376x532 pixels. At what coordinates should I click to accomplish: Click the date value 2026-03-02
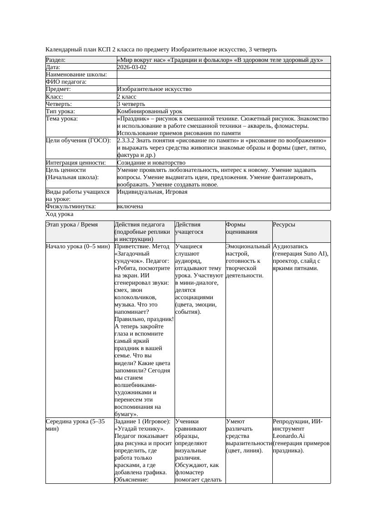[132, 67]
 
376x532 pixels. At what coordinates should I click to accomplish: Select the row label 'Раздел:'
[56, 60]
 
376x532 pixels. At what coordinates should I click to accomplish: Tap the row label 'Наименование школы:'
[76, 75]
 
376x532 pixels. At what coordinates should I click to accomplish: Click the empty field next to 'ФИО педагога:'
[223, 82]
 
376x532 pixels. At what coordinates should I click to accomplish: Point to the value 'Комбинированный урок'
[150, 111]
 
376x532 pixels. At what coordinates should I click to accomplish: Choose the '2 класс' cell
[127, 96]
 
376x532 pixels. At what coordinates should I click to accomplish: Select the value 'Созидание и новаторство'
[151, 162]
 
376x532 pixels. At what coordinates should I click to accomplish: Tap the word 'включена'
[130, 206]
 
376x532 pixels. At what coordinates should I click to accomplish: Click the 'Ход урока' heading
[60, 214]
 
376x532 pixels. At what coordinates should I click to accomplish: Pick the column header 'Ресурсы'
[284, 225]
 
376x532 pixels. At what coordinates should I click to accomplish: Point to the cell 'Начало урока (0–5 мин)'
[78, 246]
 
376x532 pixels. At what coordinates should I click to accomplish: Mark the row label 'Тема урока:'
[62, 119]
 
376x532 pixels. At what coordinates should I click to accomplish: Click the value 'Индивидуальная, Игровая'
[152, 192]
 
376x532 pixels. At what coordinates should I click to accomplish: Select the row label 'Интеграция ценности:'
[75, 162]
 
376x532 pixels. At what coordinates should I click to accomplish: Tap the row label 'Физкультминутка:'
[71, 206]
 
